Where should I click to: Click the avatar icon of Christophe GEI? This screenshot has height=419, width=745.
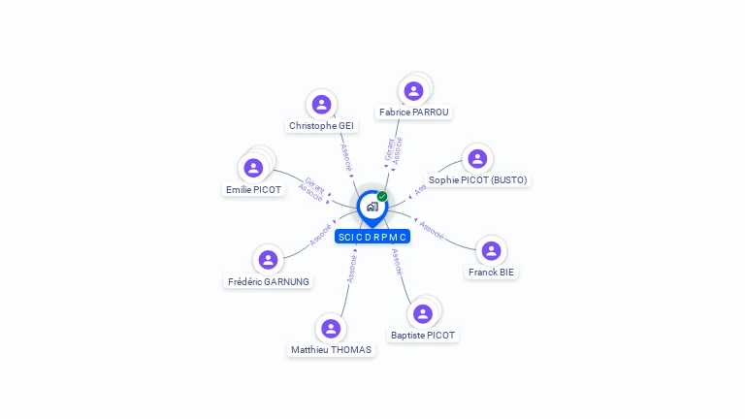click(x=321, y=105)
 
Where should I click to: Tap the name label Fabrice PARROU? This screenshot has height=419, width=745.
click(x=414, y=113)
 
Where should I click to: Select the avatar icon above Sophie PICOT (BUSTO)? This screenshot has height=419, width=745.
click(x=476, y=159)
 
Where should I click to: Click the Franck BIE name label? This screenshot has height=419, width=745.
click(x=491, y=273)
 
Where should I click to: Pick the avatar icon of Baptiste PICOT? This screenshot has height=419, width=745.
click(x=422, y=314)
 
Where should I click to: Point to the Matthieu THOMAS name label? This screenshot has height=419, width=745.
click(x=331, y=350)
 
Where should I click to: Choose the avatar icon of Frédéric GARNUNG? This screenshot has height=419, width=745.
click(x=268, y=260)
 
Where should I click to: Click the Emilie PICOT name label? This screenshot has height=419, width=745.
click(x=253, y=190)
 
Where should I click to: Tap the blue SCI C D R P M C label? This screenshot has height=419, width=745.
click(x=372, y=237)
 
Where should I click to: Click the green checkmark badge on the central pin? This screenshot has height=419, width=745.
click(x=382, y=197)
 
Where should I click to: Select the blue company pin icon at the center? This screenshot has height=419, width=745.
click(x=372, y=207)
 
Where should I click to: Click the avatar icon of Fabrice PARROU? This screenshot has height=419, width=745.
click(x=414, y=91)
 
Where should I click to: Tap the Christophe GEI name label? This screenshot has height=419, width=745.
click(x=321, y=126)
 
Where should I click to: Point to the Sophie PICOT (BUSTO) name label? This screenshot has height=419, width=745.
click(x=478, y=180)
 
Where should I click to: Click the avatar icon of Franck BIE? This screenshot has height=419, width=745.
click(x=491, y=251)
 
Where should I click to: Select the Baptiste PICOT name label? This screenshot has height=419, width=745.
click(x=423, y=336)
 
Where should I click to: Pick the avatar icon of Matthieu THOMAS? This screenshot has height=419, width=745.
click(x=331, y=329)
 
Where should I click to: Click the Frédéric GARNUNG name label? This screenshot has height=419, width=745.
click(x=269, y=282)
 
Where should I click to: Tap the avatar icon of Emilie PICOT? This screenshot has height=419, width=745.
click(x=253, y=168)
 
